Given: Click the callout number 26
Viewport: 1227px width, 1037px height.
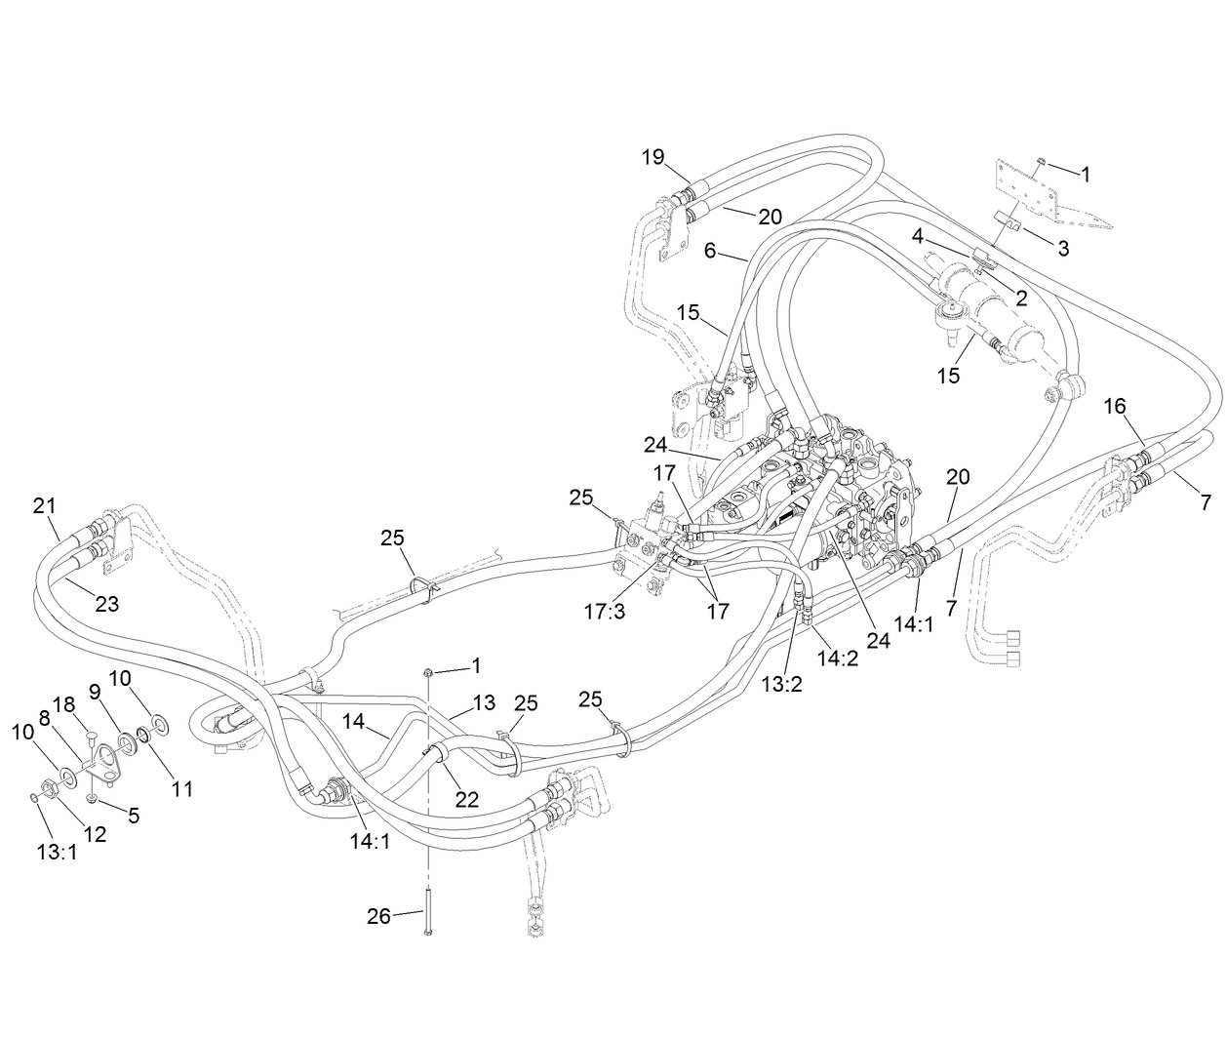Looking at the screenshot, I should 378,916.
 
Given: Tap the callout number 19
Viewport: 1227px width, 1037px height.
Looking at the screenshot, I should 653,157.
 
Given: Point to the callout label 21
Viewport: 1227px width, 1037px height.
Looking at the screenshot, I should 45,505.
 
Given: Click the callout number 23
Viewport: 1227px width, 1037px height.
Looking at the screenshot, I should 106,605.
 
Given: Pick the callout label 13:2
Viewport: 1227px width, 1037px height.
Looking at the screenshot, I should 781,685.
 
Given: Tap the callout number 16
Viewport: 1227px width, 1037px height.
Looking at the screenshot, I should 1116,406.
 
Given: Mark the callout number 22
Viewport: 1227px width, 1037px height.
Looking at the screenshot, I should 467,799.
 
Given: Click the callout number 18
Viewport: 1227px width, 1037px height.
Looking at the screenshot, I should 64,705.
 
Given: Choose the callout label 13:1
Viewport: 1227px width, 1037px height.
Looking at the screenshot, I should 56,852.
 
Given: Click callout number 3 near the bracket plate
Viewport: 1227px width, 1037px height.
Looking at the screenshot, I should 1063,249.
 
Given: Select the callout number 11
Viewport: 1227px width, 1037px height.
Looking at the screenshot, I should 182,788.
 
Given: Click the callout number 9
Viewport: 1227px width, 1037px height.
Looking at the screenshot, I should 96,691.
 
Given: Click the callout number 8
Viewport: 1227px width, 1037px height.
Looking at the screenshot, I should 44,717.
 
